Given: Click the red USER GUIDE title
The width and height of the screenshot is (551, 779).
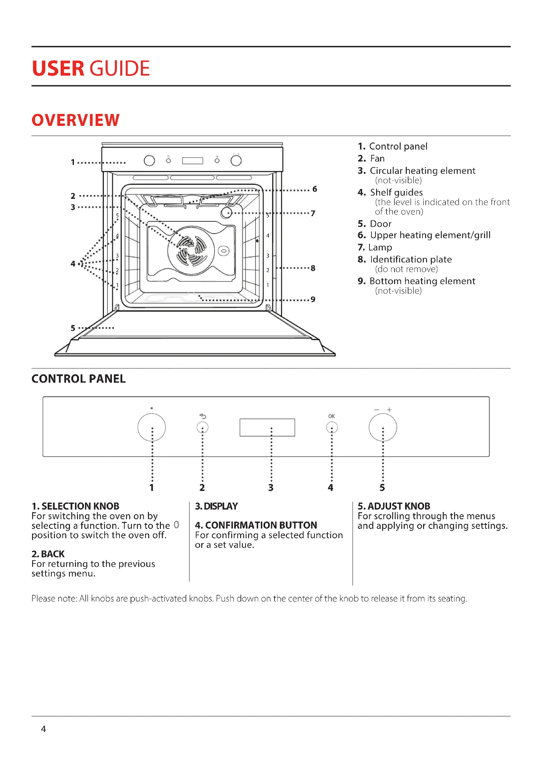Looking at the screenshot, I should point(91,68).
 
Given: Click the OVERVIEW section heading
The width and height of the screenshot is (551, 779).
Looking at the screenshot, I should point(75,120).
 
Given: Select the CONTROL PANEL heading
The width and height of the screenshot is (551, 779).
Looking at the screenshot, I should point(78,379).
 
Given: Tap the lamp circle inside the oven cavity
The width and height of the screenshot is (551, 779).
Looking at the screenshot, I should point(226,213).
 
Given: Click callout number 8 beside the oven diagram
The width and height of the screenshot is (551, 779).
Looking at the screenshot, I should point(313,268).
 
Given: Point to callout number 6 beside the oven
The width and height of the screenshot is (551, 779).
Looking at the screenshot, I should point(314,189).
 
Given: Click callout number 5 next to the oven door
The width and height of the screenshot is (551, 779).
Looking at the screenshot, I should point(73,328).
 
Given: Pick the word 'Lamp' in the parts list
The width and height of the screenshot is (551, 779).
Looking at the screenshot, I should point(380,247).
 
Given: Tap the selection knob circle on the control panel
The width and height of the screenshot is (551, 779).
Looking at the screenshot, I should point(151,427).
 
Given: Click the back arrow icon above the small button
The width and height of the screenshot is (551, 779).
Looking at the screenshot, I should point(203,416).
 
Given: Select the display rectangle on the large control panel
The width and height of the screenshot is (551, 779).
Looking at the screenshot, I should point(267,427).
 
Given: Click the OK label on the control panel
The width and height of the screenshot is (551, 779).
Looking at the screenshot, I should point(331,416).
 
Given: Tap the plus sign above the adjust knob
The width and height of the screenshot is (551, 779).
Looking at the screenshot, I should point(389,410).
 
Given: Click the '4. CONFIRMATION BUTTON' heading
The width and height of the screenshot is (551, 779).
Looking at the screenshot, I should point(256,525).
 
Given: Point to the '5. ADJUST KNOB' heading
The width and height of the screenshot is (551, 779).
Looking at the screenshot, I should point(393,506).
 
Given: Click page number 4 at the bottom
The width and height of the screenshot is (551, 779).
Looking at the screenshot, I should point(43,729).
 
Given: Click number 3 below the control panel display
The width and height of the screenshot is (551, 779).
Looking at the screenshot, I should point(271,488).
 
